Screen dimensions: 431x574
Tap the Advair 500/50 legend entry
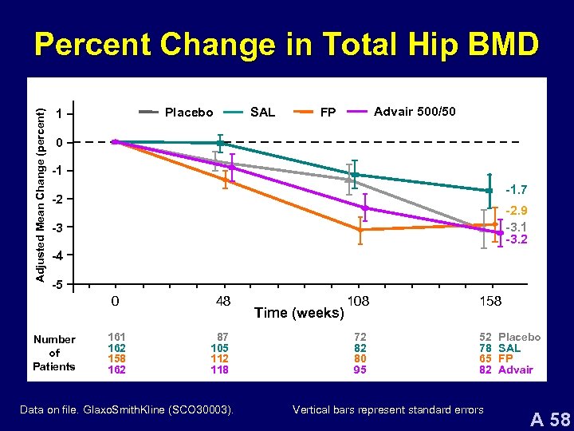415,111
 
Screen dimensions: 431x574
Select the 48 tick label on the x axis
223,302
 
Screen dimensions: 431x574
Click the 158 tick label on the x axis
490,302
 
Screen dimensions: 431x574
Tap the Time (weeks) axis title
299,313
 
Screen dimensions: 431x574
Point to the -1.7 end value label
516,190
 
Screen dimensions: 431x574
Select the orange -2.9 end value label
516,211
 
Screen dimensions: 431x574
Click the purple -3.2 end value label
516,239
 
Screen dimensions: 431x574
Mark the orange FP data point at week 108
360,230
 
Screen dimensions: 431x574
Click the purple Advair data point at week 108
365,208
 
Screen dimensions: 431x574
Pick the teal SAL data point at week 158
489,191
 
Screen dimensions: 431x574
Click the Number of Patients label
54,353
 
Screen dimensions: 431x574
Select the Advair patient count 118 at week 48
219,370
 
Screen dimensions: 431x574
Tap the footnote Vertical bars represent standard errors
387,410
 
